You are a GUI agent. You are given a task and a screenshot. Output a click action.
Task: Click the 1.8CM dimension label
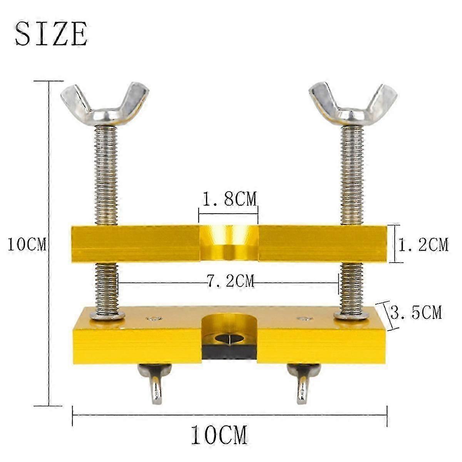[229, 199]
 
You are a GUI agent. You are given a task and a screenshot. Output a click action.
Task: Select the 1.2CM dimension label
[423, 244]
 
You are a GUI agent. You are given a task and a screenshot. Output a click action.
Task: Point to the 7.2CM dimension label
[230, 281]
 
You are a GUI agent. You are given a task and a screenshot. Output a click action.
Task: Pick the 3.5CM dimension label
[416, 312]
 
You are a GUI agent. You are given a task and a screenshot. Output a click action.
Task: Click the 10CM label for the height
[27, 244]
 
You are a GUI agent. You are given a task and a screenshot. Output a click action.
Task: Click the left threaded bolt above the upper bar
[106, 175]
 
